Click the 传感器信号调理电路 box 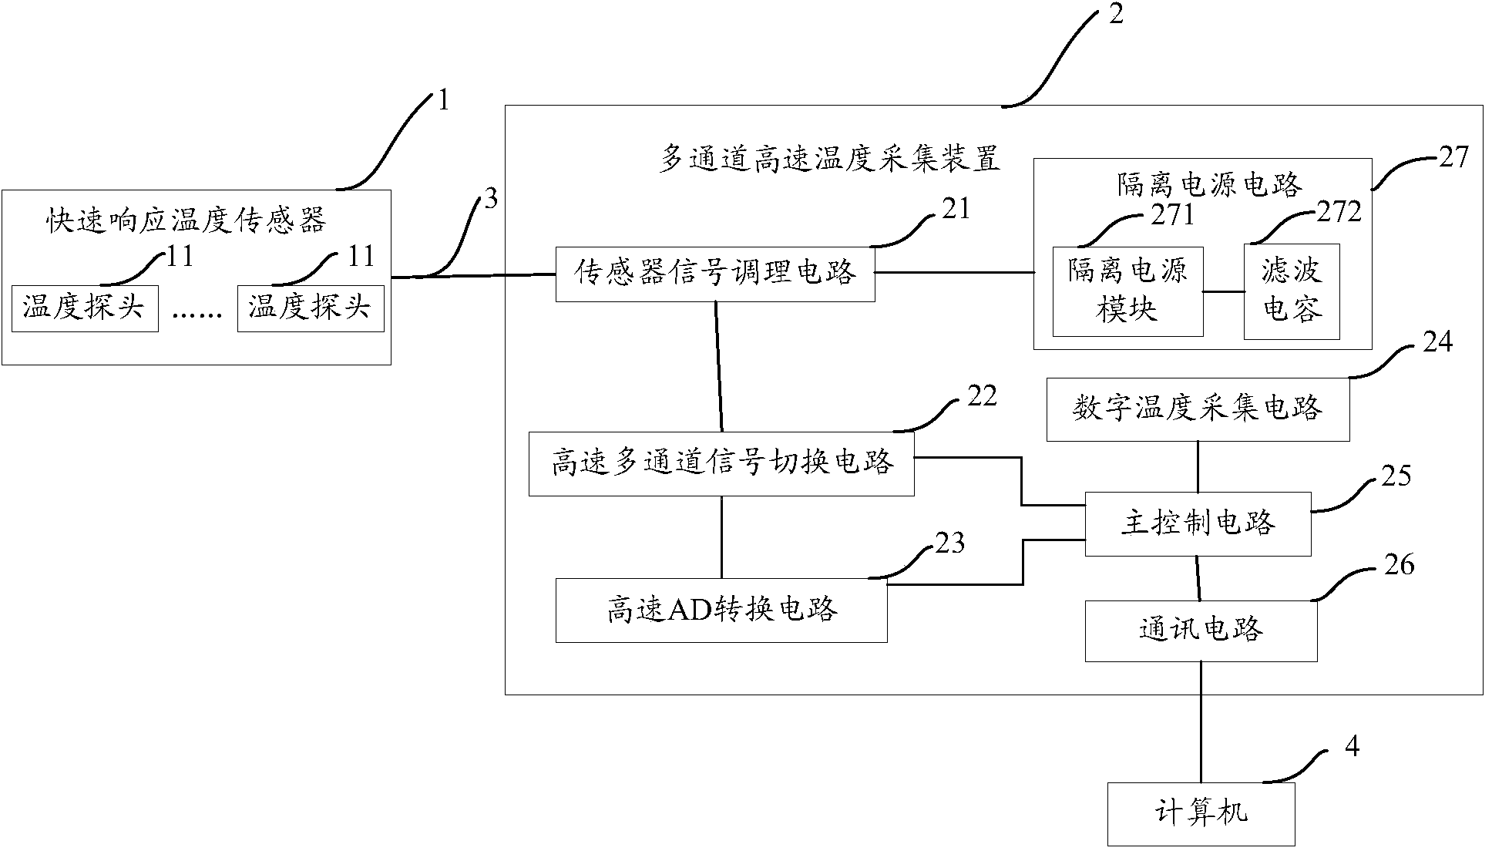pos(714,273)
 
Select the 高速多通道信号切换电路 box pos(721,463)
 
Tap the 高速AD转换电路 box pos(721,610)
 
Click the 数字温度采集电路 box pos(1198,409)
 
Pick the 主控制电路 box pos(1198,524)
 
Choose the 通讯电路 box pos(1201,631)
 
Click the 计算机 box pos(1201,814)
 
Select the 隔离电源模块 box pos(1127,291)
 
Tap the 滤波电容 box pos(1291,291)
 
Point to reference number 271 pos(1171,215)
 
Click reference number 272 pos(1339,211)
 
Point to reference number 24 pos(1437,341)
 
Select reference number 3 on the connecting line pos(490,200)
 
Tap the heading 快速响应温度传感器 pos(185,221)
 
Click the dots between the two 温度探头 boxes pos(197,314)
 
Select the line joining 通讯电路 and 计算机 pos(1201,721)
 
